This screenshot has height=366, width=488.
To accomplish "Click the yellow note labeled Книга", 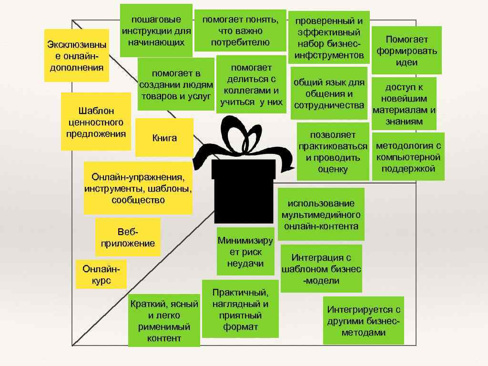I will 164,138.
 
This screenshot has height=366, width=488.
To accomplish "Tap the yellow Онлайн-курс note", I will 101,274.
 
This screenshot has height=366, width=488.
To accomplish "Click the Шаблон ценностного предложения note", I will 96,122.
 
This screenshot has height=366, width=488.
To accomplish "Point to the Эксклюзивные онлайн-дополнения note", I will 76,56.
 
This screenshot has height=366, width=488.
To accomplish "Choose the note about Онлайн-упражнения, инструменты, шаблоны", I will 138,188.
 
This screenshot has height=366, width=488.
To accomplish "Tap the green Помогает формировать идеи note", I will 407,51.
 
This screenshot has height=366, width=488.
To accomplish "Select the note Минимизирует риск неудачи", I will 245,252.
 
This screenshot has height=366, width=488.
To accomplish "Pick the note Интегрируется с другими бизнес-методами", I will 363,321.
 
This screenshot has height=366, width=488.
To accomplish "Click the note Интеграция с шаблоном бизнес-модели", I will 321,269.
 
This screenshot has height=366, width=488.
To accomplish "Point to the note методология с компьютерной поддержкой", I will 408,157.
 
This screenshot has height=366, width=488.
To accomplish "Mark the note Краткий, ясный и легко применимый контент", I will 164,321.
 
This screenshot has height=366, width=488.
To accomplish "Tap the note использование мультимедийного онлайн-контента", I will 321,214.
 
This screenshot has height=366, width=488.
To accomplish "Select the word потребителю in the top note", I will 240,42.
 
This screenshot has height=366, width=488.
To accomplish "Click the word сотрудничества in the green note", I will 329,105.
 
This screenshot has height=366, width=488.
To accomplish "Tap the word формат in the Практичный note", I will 240,326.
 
